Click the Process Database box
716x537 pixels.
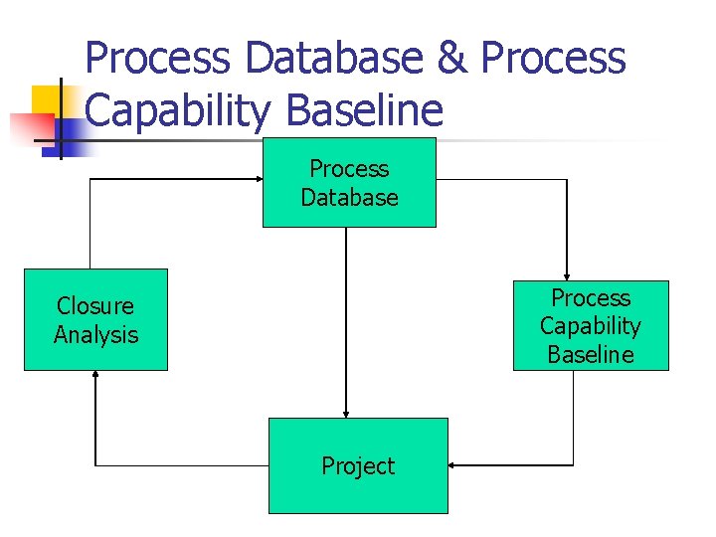(x=349, y=182)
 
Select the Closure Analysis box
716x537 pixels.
(x=95, y=319)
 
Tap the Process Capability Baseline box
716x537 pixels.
(x=591, y=325)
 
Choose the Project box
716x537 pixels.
(x=358, y=465)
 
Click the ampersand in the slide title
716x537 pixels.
(x=452, y=59)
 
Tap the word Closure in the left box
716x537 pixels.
(x=95, y=305)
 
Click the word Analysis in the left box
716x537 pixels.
(x=95, y=334)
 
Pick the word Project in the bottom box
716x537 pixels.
(x=358, y=465)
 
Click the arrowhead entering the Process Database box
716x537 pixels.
(x=257, y=179)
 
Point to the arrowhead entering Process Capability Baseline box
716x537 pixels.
(x=566, y=275)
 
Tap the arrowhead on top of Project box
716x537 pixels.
(x=346, y=413)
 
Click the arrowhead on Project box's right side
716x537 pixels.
(x=453, y=464)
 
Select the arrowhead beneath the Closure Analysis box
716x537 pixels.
(x=95, y=376)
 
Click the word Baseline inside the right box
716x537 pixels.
(x=591, y=354)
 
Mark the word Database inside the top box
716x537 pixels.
(x=349, y=197)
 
